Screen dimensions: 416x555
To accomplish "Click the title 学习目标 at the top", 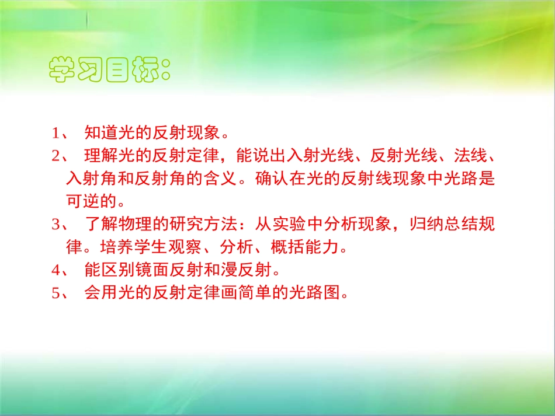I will [110, 71].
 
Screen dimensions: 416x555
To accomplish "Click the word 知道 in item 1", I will [100, 133].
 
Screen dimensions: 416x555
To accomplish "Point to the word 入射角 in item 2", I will [92, 179].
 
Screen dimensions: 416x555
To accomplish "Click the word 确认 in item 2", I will [272, 179].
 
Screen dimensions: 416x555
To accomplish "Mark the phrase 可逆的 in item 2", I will [92, 201].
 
